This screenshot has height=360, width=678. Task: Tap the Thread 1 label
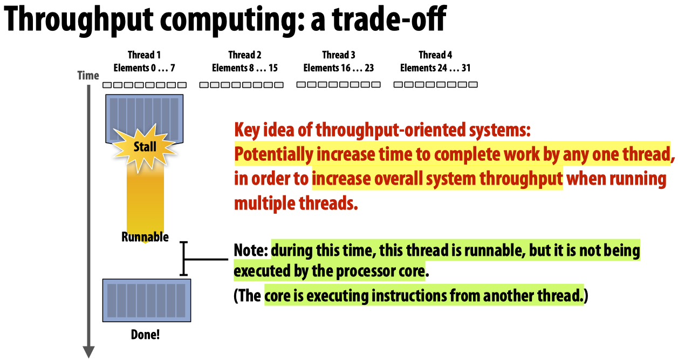(x=144, y=55)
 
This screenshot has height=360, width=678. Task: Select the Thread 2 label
(x=245, y=55)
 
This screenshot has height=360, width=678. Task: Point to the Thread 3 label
(x=339, y=55)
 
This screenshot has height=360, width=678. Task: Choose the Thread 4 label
(x=435, y=55)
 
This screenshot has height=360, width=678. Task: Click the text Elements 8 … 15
(x=245, y=68)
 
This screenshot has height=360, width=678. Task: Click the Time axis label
(x=88, y=75)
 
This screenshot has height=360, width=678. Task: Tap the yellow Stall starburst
(x=145, y=146)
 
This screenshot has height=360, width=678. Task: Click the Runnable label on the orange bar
(x=145, y=237)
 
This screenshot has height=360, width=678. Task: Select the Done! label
(x=145, y=334)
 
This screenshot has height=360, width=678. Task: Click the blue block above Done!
(x=144, y=300)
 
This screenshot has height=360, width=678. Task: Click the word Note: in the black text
(x=251, y=251)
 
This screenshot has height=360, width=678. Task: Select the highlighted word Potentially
(x=273, y=154)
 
